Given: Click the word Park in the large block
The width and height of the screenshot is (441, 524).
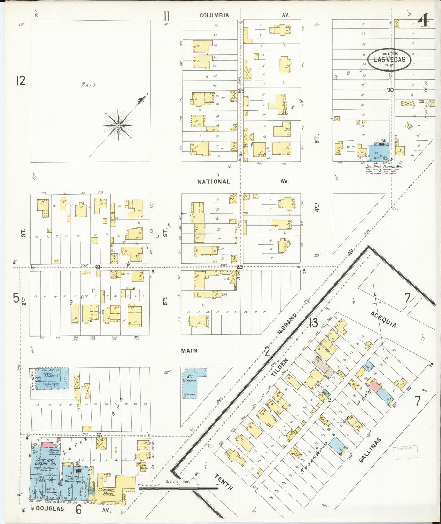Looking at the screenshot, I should (x=89, y=85).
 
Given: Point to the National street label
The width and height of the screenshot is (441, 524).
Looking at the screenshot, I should (x=214, y=182).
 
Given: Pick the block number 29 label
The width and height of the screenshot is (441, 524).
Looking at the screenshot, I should (x=241, y=91).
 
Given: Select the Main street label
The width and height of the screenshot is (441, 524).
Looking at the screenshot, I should (x=189, y=351).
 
